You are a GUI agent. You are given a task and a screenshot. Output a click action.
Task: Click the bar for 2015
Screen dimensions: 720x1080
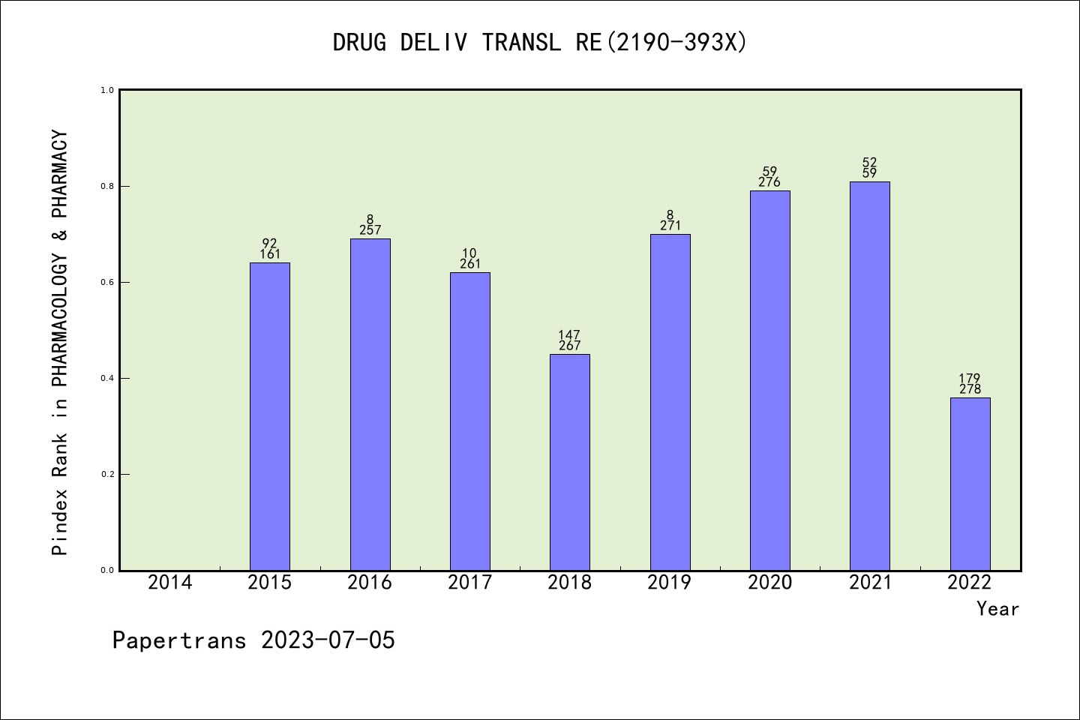(269, 416)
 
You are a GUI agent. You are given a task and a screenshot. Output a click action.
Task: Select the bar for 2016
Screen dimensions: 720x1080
(370, 404)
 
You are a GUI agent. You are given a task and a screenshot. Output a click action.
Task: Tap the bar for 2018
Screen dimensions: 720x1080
(569, 462)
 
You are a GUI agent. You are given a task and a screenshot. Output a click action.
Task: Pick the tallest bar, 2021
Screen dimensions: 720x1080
(869, 376)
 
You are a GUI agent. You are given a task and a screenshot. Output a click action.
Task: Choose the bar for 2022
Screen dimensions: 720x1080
(970, 484)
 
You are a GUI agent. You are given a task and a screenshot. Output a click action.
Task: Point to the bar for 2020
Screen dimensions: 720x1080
(769, 380)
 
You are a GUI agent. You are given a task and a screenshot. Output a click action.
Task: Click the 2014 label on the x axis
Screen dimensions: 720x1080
(170, 583)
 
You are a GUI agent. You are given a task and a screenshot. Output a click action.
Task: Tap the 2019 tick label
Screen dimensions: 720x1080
(670, 583)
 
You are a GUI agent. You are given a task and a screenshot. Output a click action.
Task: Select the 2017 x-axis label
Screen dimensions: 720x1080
(469, 583)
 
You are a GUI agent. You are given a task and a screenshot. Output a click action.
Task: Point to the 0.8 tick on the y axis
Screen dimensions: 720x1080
(106, 186)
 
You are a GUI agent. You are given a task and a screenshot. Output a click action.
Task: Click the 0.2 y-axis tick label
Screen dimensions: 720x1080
(106, 474)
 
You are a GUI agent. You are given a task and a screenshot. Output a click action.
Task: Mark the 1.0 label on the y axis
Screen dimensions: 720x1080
(106, 90)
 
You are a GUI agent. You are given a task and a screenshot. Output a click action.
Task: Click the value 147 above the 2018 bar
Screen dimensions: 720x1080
(569, 335)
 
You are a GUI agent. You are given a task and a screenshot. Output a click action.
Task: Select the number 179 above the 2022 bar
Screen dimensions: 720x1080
(970, 379)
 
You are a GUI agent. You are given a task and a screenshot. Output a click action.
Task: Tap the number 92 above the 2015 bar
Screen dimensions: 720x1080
(269, 244)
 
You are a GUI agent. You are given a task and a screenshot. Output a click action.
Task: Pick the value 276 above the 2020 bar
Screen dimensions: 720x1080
(769, 182)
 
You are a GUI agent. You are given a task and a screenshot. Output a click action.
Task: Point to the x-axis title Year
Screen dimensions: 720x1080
(997, 609)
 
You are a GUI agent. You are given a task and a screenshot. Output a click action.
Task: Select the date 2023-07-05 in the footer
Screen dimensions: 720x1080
(328, 640)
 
